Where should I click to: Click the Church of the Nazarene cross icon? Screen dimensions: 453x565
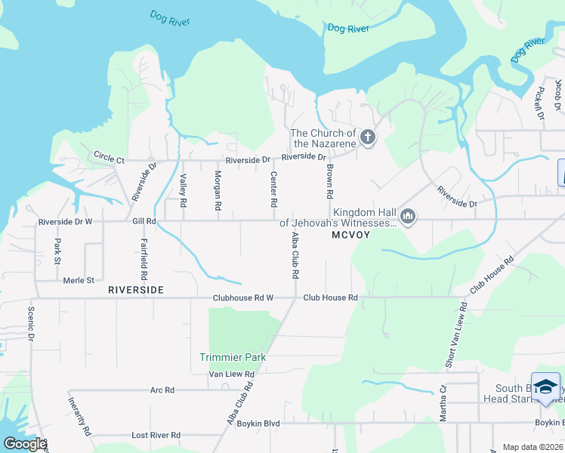pos(367,137)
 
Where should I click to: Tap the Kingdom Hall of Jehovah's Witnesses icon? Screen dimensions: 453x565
pos(408,217)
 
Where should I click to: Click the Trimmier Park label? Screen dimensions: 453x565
pos(233,357)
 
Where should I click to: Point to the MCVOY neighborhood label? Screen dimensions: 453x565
pos(352,236)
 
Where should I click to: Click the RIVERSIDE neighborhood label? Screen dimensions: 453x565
pos(136,289)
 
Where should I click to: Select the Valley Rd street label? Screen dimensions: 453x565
pos(183,191)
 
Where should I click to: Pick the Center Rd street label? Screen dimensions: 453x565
pos(274,190)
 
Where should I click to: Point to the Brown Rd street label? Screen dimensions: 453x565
pos(330,183)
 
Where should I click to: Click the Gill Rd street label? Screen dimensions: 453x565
pos(144,222)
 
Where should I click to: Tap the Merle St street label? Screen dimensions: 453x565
pos(79,280)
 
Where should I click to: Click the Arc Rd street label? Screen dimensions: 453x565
pos(162,390)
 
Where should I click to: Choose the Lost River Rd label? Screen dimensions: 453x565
pos(156,436)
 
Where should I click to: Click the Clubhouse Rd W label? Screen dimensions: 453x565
pos(242,298)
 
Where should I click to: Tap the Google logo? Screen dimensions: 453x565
pos(24,443)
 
